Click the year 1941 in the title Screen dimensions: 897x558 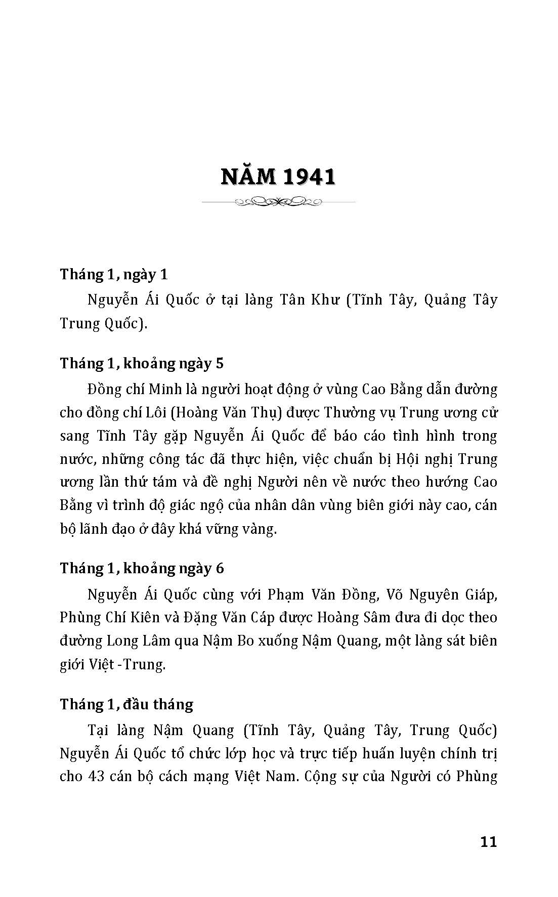pos(310,177)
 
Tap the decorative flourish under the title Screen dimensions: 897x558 pos(278,202)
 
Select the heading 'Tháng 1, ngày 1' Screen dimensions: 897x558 pos(114,274)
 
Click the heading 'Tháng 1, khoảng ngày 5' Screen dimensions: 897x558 pos(142,363)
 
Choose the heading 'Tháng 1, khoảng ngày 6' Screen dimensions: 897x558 pos(142,568)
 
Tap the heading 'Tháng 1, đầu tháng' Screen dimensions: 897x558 pos(126,704)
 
